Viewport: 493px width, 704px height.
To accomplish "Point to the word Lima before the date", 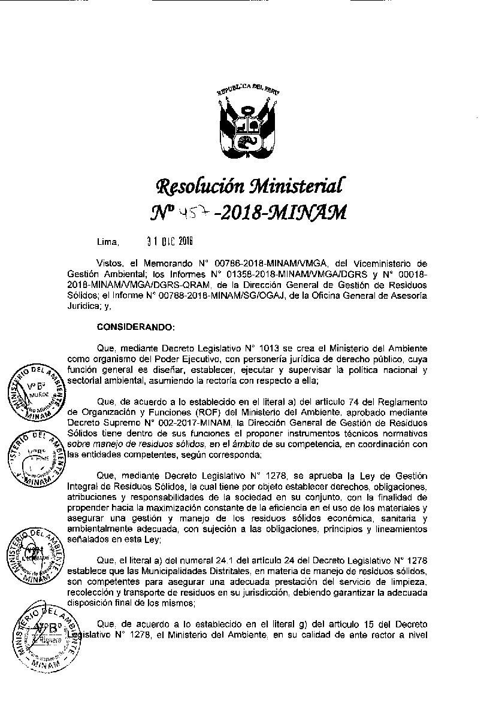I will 108,243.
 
